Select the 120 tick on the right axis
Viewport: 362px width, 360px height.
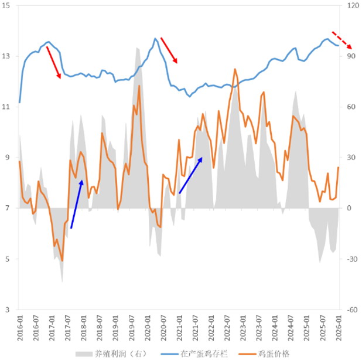pos(353,6)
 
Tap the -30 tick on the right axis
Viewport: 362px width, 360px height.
pos(353,259)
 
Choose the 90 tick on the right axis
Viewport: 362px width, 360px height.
pos(353,57)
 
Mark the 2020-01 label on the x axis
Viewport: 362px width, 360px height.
pos(147,326)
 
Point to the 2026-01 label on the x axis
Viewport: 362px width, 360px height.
pos(339,326)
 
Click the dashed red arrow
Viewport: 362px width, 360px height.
pos(341,40)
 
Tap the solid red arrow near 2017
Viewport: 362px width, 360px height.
pos(53,62)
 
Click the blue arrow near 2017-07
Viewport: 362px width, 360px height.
pos(77,196)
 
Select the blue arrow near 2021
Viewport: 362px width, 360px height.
pos(191,175)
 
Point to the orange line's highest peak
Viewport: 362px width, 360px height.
pos(235,69)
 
